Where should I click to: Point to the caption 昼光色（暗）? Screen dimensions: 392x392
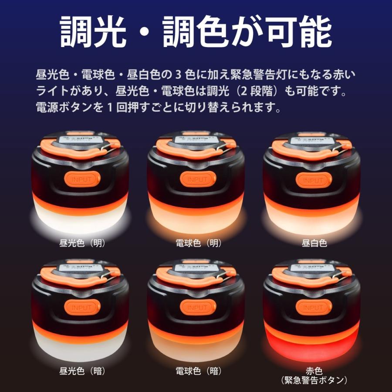(x=82, y=372)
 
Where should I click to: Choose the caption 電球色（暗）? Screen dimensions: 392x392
(x=198, y=372)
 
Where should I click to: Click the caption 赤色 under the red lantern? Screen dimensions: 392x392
(x=314, y=371)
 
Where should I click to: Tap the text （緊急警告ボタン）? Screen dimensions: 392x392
(x=314, y=380)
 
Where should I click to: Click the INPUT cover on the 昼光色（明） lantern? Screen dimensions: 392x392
(x=82, y=179)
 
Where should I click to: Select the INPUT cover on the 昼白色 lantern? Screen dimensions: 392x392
(x=314, y=179)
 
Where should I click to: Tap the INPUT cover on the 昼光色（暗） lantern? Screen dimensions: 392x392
(x=82, y=308)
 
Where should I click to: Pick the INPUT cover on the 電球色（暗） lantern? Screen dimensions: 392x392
(x=198, y=308)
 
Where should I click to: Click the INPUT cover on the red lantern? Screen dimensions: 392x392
(x=314, y=308)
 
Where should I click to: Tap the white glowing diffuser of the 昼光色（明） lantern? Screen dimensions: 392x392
(x=81, y=218)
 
